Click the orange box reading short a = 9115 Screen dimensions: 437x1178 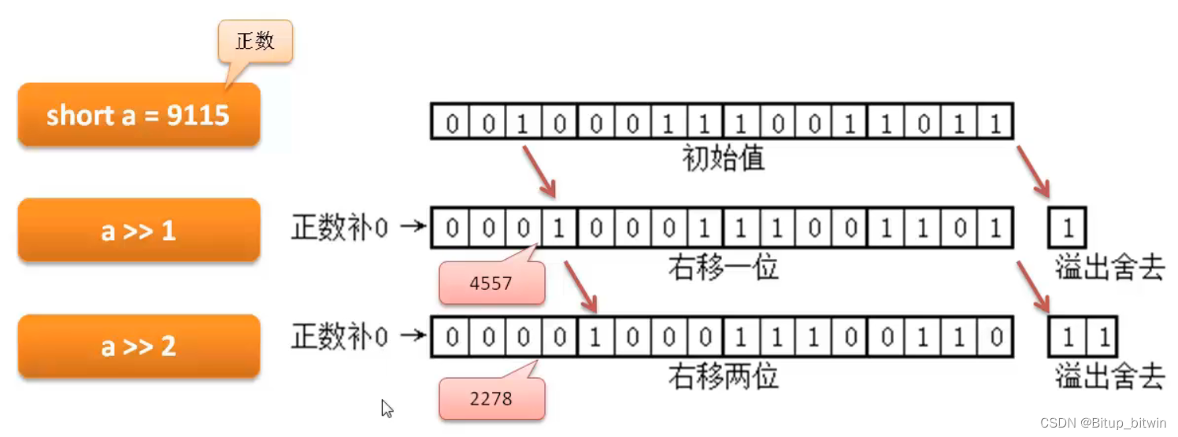click(x=139, y=115)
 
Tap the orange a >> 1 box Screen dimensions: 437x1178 click(x=139, y=231)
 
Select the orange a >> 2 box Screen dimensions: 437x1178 click(x=139, y=346)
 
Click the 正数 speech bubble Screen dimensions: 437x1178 click(x=255, y=42)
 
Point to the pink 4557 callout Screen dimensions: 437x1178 click(x=491, y=283)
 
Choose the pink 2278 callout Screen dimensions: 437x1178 click(x=491, y=398)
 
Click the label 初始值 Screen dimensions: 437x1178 click(x=723, y=160)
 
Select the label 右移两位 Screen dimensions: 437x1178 click(x=723, y=376)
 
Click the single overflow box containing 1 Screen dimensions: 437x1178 click(x=1068, y=228)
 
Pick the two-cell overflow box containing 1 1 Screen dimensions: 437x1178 click(x=1084, y=338)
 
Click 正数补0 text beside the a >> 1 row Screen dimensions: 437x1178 click(x=339, y=229)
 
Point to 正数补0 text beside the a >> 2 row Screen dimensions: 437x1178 click(x=339, y=338)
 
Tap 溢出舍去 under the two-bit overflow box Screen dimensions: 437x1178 click(x=1109, y=377)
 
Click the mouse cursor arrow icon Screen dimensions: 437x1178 click(x=387, y=408)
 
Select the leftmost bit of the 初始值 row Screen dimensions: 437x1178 click(x=451, y=124)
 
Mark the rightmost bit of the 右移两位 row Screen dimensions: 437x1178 click(x=995, y=338)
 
